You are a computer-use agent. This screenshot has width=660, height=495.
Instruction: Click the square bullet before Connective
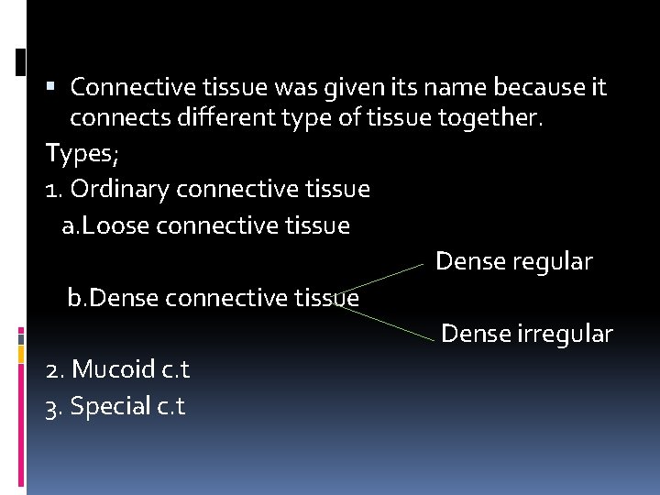point(50,86)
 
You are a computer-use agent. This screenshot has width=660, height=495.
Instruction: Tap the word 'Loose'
point(117,225)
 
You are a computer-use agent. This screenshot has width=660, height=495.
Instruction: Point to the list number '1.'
point(53,189)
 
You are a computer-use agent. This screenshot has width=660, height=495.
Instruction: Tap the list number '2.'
point(54,369)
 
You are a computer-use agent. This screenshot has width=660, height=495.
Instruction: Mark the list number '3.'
point(53,405)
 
